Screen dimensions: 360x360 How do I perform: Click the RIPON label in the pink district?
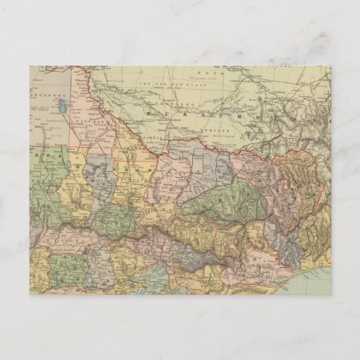coord(71,238)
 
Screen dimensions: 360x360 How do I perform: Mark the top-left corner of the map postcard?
coord(29,66)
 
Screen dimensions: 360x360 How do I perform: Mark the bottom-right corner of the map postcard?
coord(331,294)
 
